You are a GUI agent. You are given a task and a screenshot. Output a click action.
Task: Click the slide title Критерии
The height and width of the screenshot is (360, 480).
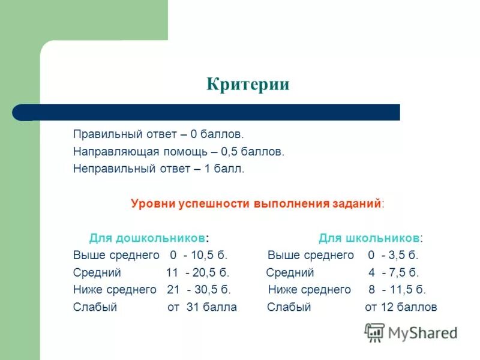248,84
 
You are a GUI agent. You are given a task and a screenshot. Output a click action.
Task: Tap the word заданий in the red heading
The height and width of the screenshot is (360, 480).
356,203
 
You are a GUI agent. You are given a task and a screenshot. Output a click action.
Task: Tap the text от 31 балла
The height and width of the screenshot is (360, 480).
202,307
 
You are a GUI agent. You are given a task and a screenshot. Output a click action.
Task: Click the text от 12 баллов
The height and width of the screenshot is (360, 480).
401,307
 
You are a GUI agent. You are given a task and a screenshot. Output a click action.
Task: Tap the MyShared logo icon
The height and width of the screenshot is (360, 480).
374,332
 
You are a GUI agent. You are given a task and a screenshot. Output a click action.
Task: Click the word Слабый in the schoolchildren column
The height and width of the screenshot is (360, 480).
289,307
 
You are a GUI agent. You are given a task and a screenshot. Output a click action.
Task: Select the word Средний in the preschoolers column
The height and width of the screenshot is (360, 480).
97,272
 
